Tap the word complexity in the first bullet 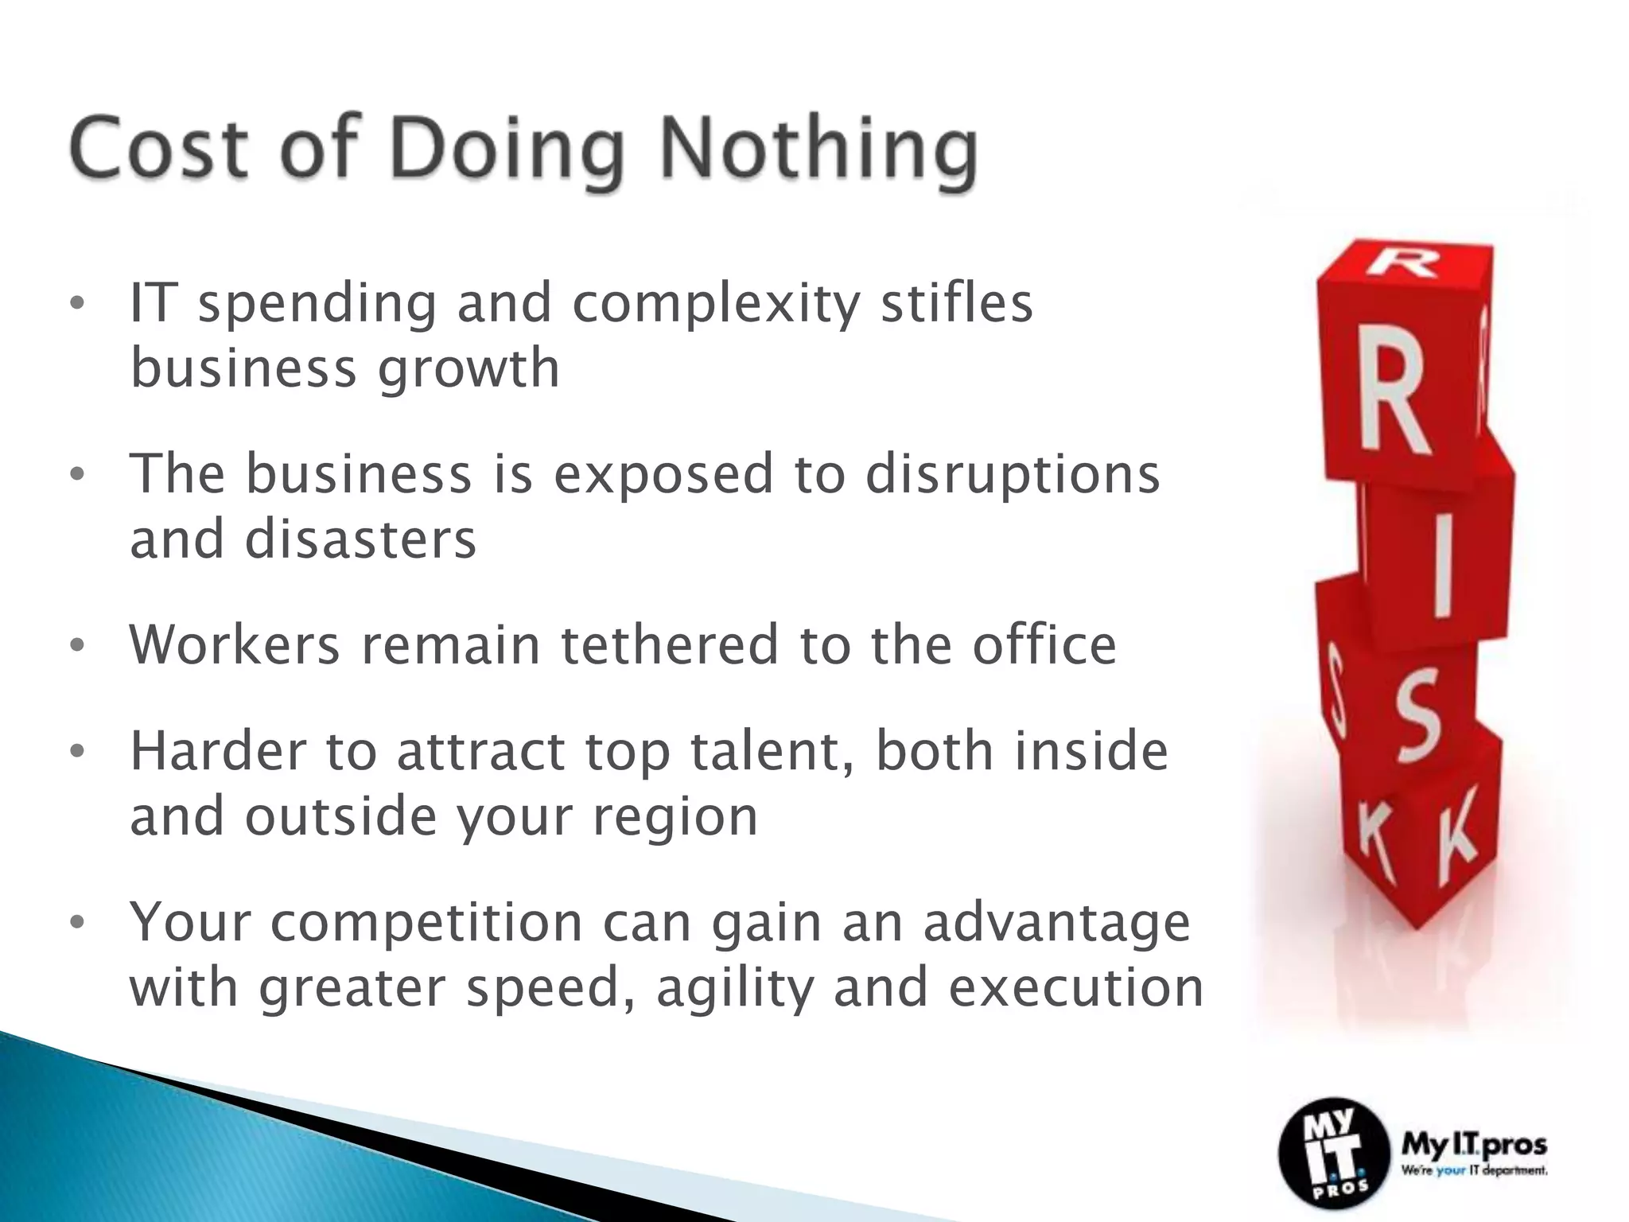[x=716, y=303]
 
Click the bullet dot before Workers [x=76, y=646]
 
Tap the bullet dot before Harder [x=76, y=753]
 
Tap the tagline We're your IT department [x=1474, y=1170]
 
